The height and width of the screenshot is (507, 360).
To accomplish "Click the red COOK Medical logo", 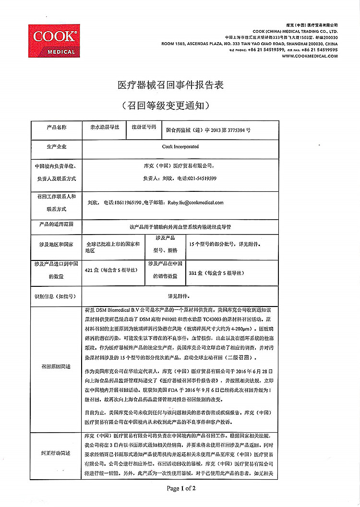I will click(x=54, y=42).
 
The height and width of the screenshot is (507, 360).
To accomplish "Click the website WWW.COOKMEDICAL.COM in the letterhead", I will click(x=316, y=56).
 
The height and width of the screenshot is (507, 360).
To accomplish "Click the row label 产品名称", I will click(x=56, y=128).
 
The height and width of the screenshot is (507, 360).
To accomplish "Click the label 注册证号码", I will click(x=144, y=128).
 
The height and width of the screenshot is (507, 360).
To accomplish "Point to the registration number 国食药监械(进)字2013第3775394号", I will click(x=208, y=130).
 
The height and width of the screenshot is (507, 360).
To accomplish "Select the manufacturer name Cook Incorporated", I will click(x=180, y=147).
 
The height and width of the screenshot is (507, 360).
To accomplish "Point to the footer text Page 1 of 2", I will click(x=181, y=489).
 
